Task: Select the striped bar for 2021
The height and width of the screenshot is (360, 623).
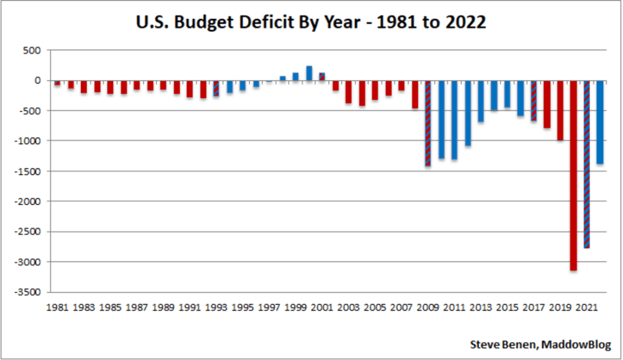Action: coord(587,164)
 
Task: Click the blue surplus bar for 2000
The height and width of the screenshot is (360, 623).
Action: coord(309,73)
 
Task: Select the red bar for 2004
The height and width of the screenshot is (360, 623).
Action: coord(362,93)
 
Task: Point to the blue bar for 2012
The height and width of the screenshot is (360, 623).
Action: coord(468,113)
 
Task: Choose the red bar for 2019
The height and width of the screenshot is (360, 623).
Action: coord(560,110)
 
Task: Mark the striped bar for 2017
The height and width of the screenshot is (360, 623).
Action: coord(534,100)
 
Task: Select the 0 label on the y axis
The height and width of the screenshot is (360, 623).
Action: coord(38,80)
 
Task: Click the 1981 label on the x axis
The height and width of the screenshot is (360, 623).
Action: coord(57,307)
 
